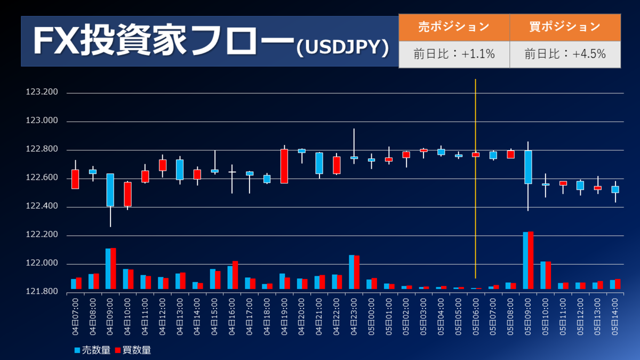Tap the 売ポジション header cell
coord(454,26)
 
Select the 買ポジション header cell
coord(565,26)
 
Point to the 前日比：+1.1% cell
coord(454,54)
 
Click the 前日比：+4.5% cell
coord(565,54)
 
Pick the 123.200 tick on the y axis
coord(42,93)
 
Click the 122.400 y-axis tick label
coord(42,207)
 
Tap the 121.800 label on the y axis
coord(42,292)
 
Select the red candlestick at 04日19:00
coord(284,166)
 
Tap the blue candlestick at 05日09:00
coord(528,167)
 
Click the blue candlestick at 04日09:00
coord(110,190)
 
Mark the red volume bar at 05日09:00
coord(531,260)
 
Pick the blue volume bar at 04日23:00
coord(351,272)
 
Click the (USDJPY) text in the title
coord(342,47)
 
